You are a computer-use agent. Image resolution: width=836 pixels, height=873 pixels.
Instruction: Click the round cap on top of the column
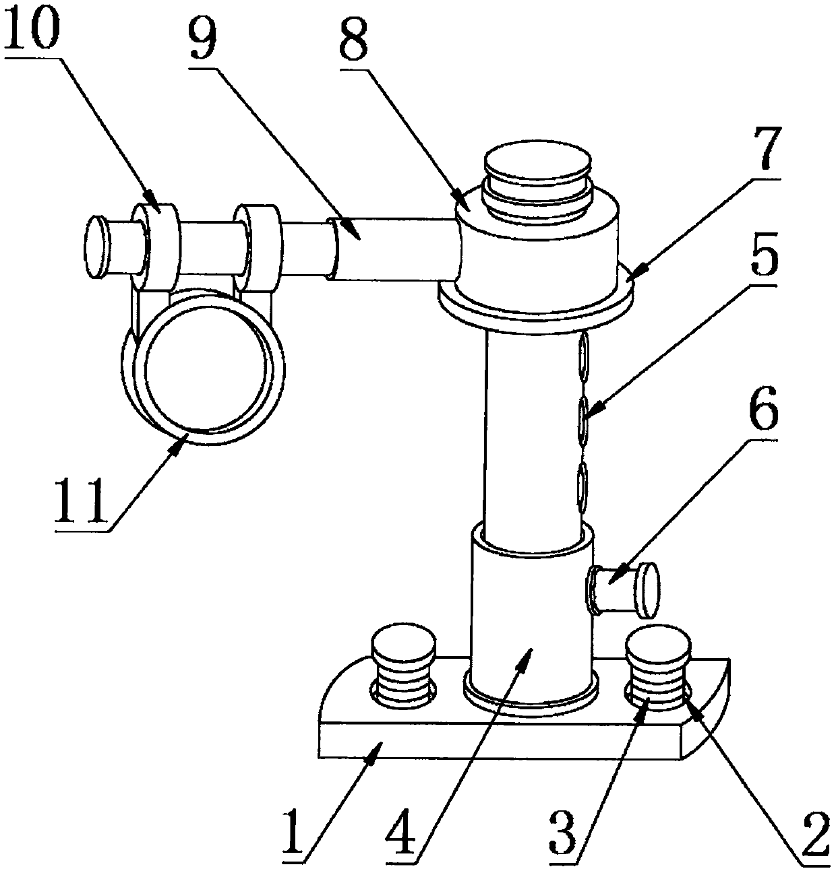coord(538,167)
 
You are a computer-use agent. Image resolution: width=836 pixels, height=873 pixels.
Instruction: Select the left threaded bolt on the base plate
coord(403,670)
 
